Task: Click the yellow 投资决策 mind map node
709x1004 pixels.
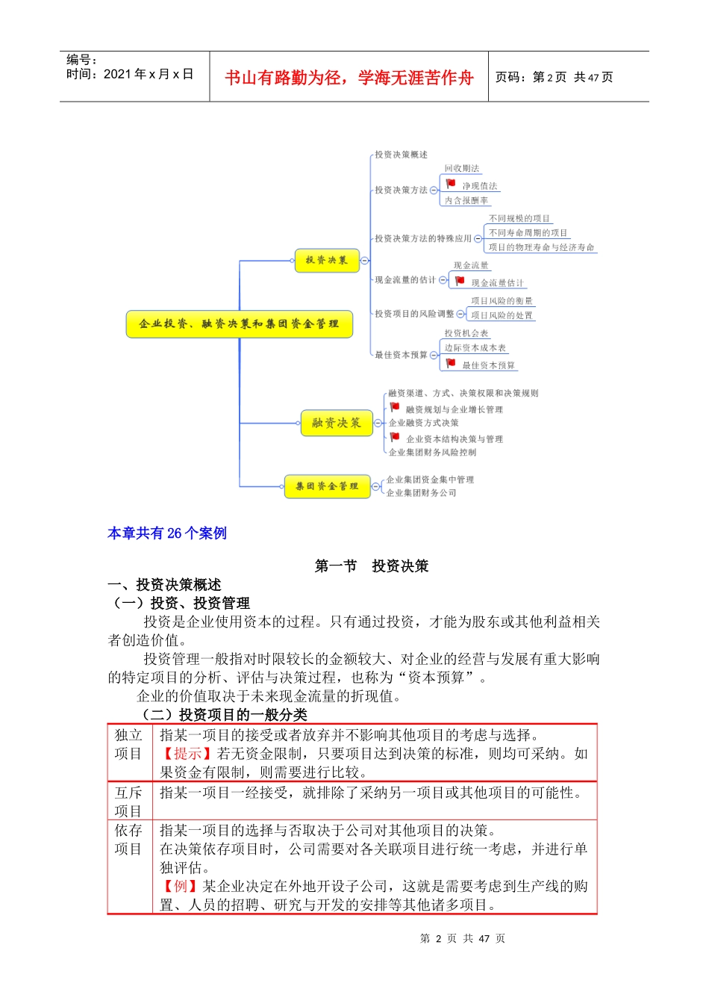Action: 327,261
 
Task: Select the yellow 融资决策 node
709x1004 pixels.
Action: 337,423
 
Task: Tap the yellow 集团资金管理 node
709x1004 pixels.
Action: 327,486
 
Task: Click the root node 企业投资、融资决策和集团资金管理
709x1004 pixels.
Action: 239,324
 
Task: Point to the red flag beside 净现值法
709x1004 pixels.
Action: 451,184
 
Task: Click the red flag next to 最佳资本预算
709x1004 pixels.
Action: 451,363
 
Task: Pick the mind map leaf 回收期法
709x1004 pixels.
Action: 462,169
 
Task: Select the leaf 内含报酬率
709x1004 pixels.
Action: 466,200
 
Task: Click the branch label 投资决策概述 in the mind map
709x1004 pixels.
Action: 401,155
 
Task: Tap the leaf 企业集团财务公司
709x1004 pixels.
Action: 421,493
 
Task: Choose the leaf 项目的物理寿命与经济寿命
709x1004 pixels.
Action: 541,247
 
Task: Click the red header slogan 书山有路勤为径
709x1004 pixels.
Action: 349,78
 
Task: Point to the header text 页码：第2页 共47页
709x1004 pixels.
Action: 554,77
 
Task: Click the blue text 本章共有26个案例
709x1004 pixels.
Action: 167,533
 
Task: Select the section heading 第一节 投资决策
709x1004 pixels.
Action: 372,566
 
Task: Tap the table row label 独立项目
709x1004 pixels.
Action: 128,745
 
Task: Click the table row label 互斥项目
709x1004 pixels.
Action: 128,802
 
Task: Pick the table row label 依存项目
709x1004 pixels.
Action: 128,840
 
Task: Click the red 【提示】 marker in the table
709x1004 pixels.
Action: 187,754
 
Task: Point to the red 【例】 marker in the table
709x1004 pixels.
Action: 180,887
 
